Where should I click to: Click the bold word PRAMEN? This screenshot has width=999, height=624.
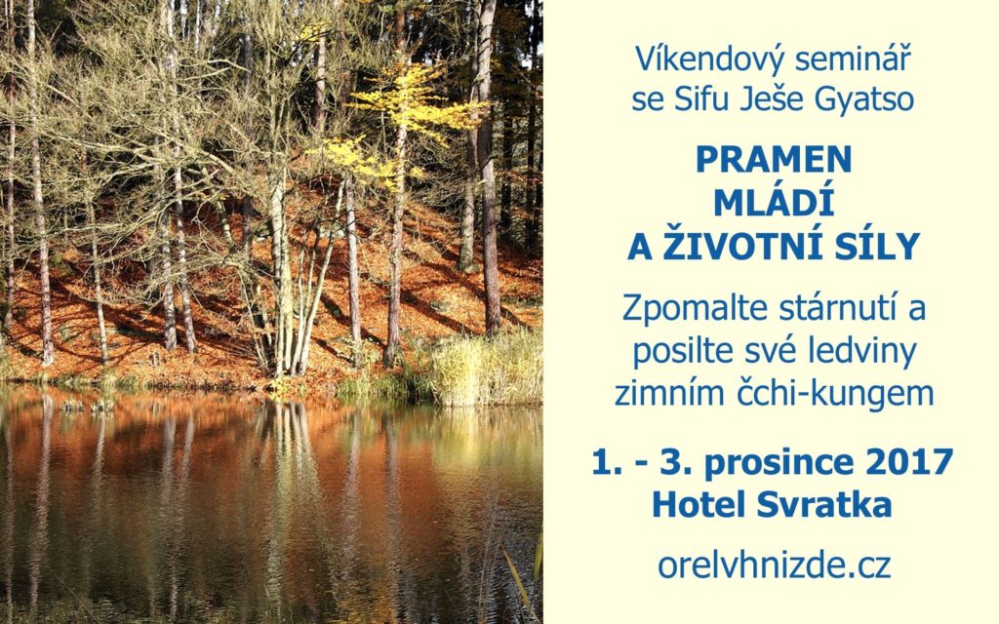[x=774, y=159]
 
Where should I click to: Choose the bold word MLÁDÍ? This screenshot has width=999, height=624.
[x=774, y=202]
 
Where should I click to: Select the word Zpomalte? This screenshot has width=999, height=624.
[x=695, y=309]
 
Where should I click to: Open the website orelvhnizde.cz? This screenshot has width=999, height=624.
[x=774, y=565]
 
